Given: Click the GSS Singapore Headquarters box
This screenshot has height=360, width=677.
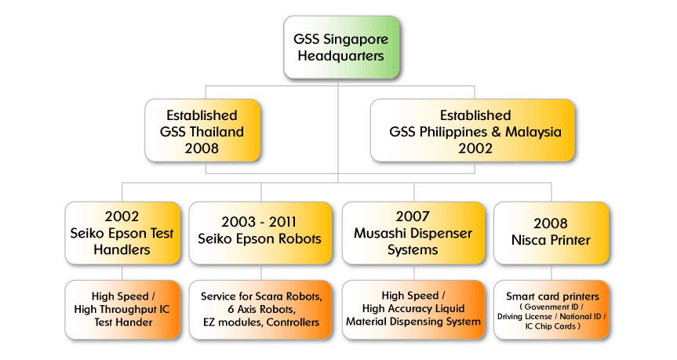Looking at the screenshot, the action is pyautogui.click(x=341, y=48).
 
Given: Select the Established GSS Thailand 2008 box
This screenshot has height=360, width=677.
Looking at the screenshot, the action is pyautogui.click(x=202, y=130).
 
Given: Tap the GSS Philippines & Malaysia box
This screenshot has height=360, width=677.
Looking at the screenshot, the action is pyautogui.click(x=472, y=130).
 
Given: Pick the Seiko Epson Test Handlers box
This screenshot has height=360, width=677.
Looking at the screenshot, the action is pyautogui.click(x=122, y=233).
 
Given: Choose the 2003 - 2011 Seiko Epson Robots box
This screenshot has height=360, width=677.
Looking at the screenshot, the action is pyautogui.click(x=260, y=233).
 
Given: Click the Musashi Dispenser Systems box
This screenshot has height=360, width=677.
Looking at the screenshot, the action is pyautogui.click(x=413, y=233).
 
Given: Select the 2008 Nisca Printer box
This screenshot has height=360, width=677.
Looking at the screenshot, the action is pyautogui.click(x=551, y=233).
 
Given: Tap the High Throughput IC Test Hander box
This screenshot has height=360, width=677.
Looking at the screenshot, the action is pyautogui.click(x=122, y=310).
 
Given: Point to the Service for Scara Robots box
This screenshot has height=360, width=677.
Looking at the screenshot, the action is pyautogui.click(x=260, y=310).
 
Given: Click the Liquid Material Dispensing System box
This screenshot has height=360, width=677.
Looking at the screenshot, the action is pyautogui.click(x=413, y=310).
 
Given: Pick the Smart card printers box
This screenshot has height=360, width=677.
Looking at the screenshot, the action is pyautogui.click(x=551, y=310).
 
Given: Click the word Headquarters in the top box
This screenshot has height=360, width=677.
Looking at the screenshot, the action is pyautogui.click(x=340, y=56).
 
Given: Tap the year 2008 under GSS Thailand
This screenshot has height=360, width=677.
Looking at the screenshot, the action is pyautogui.click(x=202, y=148).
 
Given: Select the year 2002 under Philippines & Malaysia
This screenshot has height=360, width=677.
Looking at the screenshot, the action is pyautogui.click(x=475, y=148).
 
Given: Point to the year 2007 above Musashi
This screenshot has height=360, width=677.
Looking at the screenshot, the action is pyautogui.click(x=413, y=216).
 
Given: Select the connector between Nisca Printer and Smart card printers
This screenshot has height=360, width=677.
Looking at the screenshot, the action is pyautogui.click(x=551, y=272).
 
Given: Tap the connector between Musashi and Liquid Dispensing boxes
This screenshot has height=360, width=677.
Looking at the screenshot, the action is pyautogui.click(x=414, y=272).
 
